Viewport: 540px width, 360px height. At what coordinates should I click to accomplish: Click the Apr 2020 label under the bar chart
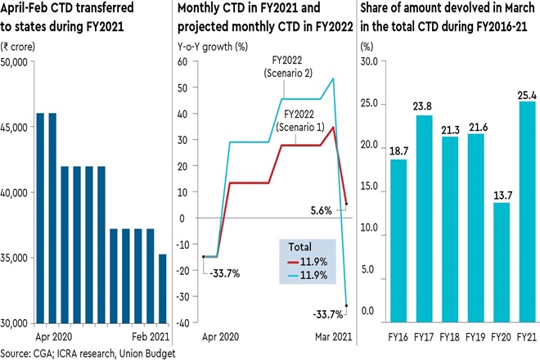point(52,336)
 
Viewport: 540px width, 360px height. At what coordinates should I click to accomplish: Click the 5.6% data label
point(321,209)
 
